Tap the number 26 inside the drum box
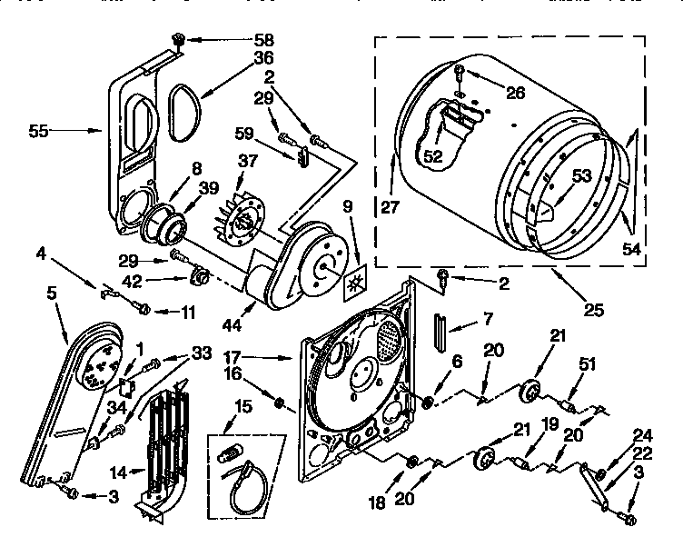click(x=515, y=92)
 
